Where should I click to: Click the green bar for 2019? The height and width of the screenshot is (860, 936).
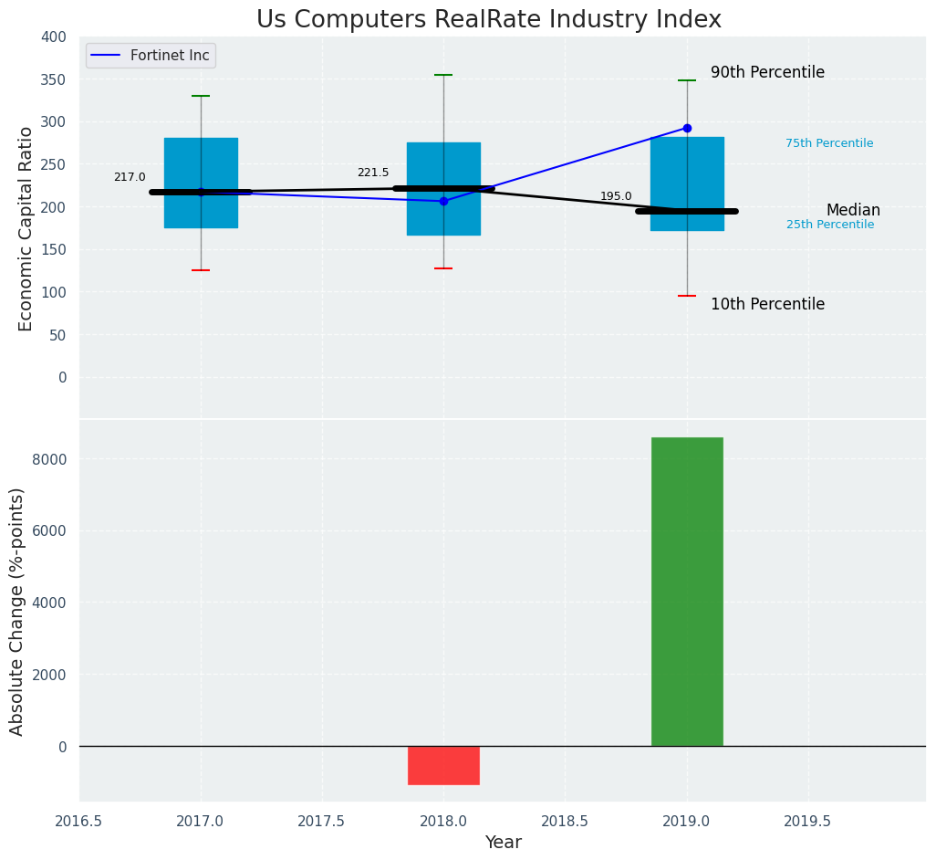pyautogui.click(x=687, y=592)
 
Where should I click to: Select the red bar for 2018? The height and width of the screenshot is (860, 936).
pyautogui.click(x=443, y=765)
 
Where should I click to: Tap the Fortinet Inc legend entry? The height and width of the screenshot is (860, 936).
pyautogui.click(x=170, y=56)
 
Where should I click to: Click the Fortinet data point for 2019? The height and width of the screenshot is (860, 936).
pyautogui.click(x=687, y=129)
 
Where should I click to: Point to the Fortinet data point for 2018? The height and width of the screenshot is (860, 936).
pyautogui.click(x=443, y=201)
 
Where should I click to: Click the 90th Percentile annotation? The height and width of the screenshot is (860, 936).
pyautogui.click(x=767, y=73)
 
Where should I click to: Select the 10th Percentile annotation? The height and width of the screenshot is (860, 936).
pyautogui.click(x=767, y=305)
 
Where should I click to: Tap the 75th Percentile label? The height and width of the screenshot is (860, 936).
pyautogui.click(x=829, y=143)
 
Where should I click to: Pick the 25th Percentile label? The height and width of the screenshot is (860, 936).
pyautogui.click(x=830, y=225)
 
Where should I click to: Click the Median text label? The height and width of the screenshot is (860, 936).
pyautogui.click(x=853, y=211)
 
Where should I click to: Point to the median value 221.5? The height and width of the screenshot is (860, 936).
pyautogui.click(x=373, y=173)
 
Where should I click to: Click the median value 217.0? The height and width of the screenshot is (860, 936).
pyautogui.click(x=130, y=177)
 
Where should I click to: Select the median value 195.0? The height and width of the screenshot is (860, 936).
pyautogui.click(x=616, y=196)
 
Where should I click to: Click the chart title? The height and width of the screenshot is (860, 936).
pyautogui.click(x=489, y=20)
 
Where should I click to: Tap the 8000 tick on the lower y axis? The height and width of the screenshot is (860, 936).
pyautogui.click(x=49, y=459)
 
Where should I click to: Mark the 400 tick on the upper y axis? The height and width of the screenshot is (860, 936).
pyautogui.click(x=54, y=37)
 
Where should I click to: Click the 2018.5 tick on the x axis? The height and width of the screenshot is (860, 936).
pyautogui.click(x=565, y=822)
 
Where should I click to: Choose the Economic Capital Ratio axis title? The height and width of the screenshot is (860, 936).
pyautogui.click(x=26, y=228)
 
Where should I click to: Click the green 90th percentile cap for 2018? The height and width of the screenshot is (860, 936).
pyautogui.click(x=443, y=75)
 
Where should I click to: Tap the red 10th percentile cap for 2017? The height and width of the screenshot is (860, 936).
pyautogui.click(x=201, y=270)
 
